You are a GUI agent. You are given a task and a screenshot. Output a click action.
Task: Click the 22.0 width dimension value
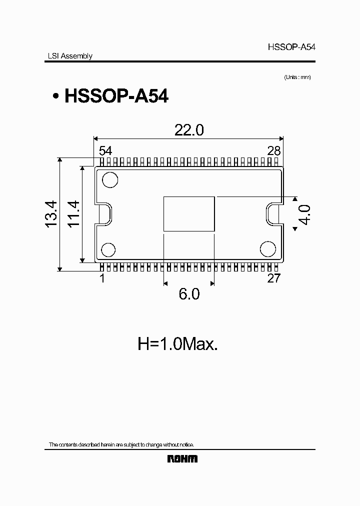tap(189, 130)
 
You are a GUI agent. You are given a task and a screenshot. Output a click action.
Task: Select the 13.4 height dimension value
tap(52, 214)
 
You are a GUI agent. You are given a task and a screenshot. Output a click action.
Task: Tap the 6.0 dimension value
tap(189, 294)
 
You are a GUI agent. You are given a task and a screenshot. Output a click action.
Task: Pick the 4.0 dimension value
tap(304, 214)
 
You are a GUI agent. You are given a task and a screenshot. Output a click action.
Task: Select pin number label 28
tap(273, 150)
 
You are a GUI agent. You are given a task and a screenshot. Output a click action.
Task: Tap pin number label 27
tap(273, 278)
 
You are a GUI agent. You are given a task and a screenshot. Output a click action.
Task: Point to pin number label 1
tap(102, 278)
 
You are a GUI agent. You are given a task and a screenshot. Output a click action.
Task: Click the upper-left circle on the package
tap(109, 179)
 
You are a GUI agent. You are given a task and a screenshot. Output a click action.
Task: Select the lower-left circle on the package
tap(109, 249)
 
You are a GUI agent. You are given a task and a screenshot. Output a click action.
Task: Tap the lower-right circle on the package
tap(268, 248)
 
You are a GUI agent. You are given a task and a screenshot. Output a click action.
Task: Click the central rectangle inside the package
tap(189, 214)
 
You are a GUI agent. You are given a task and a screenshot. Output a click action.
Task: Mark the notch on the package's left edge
tap(105, 213)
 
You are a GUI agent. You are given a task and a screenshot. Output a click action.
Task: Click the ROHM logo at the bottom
tap(182, 458)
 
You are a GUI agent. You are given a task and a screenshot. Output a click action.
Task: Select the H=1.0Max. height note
tap(177, 344)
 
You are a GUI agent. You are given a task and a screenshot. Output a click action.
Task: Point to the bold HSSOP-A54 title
tap(116, 96)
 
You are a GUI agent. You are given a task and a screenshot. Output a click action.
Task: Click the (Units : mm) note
tap(297, 77)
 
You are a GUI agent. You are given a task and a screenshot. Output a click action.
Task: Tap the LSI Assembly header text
tap(67, 56)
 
